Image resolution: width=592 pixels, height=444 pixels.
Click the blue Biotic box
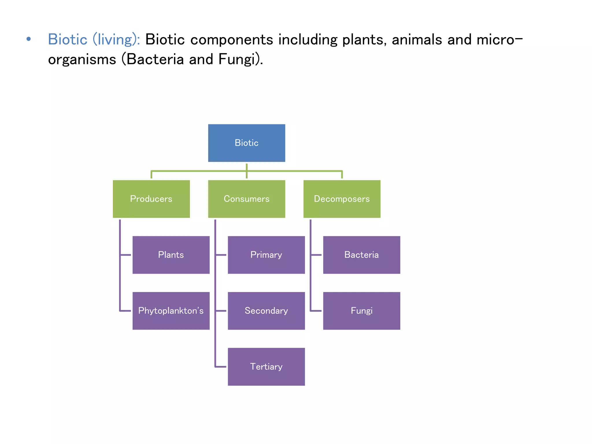247,143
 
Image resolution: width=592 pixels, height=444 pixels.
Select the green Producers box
151,199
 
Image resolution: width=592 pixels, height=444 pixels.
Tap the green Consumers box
247,199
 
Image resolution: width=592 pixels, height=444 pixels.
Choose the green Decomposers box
342,199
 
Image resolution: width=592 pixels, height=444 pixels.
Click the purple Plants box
171,255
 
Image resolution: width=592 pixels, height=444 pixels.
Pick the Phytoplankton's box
171,311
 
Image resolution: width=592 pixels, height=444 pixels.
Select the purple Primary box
266,255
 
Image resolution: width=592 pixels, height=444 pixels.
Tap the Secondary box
266,311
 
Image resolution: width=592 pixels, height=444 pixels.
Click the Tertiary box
266,367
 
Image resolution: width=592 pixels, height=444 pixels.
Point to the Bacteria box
361,255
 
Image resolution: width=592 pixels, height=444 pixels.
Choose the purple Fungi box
361,311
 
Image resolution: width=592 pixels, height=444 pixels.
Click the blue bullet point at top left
28,39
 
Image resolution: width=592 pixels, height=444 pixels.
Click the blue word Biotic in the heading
68,39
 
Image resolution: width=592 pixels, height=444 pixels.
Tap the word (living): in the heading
116,40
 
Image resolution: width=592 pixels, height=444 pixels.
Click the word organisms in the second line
82,60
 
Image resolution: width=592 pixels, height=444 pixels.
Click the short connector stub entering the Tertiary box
221,367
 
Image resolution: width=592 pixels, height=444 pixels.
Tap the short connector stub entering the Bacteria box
316,255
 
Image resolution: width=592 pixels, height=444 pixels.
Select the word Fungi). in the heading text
240,60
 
